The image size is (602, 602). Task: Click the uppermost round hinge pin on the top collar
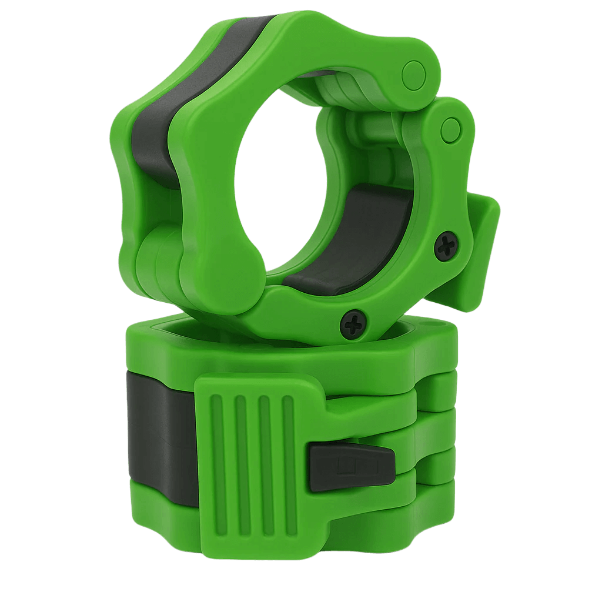click(x=414, y=73)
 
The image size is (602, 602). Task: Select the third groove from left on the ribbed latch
click(x=265, y=447)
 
